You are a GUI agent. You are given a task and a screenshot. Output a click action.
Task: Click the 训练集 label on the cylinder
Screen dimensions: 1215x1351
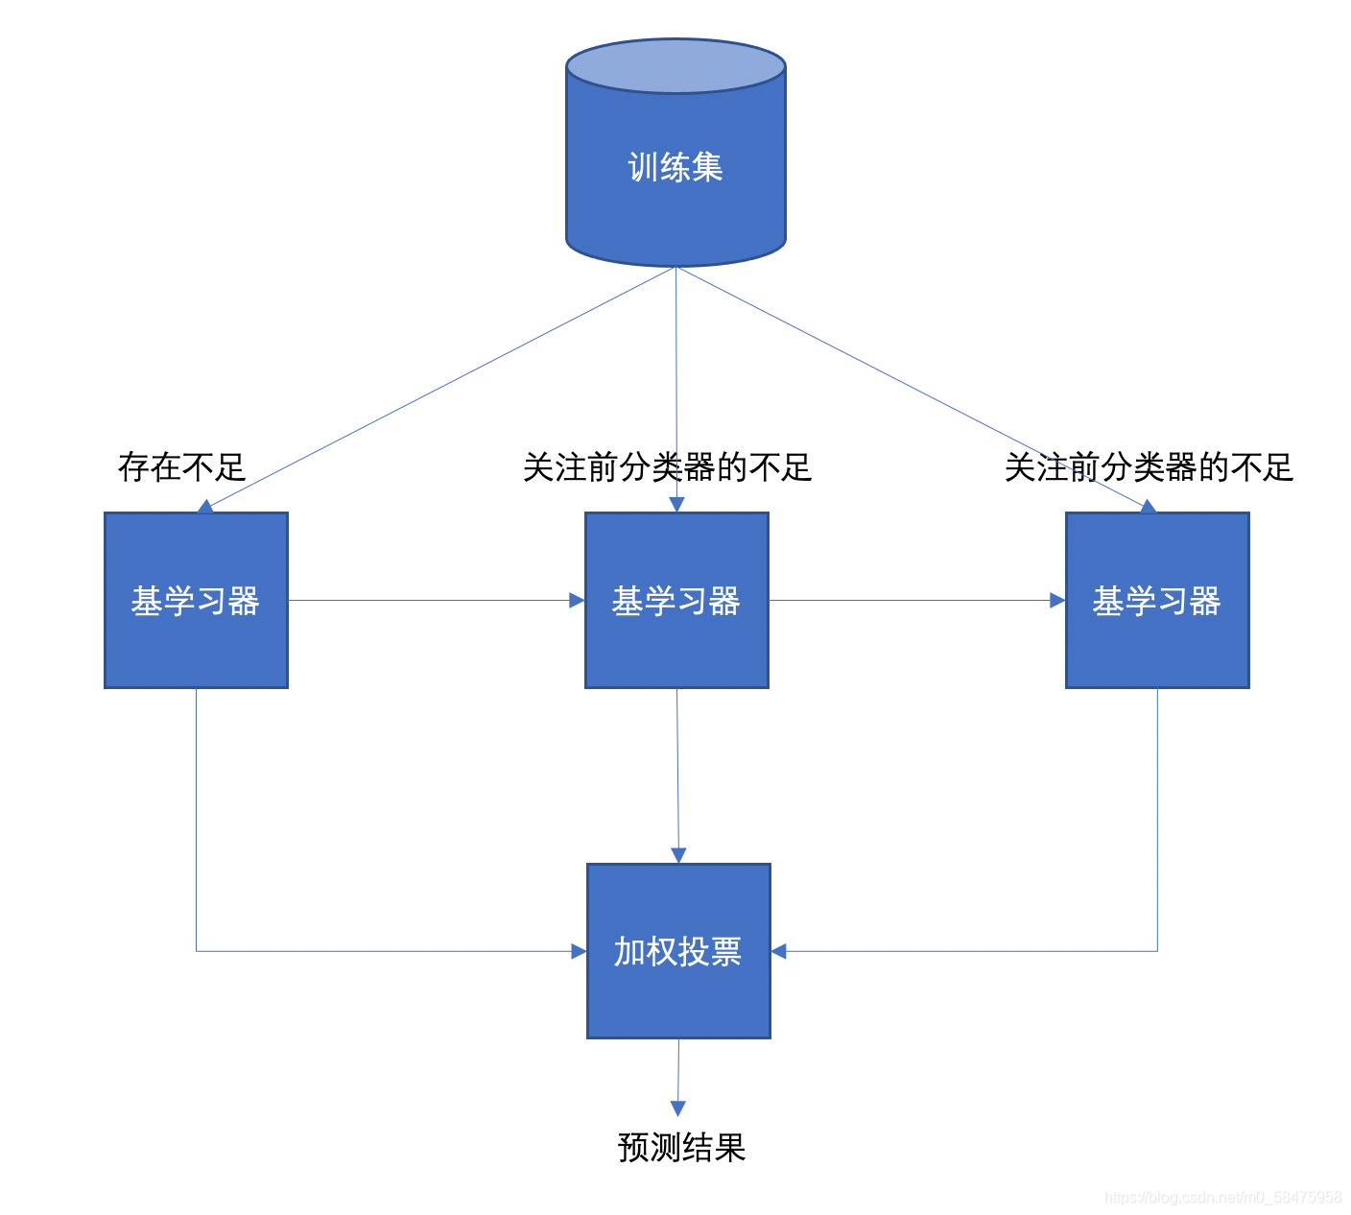point(675,167)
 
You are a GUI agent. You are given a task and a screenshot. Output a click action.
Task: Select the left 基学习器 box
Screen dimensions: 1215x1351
point(196,600)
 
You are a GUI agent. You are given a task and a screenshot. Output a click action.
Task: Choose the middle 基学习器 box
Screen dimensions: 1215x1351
point(676,600)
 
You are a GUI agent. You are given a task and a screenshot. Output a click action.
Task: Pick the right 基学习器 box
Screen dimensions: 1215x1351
point(1157,600)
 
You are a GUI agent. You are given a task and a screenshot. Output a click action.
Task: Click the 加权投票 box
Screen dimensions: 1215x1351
point(678,950)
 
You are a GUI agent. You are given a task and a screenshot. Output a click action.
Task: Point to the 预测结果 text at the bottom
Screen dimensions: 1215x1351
point(681,1147)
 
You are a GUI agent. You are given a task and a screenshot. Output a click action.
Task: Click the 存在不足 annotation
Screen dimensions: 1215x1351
point(181,467)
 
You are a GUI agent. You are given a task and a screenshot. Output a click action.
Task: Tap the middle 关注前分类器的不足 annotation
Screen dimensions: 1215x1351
point(667,467)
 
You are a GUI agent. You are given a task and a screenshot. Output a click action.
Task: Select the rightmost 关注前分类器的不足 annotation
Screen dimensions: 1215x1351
point(1149,467)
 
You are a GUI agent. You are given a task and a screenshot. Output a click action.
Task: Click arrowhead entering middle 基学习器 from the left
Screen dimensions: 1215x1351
point(577,601)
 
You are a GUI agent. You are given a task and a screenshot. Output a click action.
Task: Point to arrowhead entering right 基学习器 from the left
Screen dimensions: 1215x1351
point(1057,601)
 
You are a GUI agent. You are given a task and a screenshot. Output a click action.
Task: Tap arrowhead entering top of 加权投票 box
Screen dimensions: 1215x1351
point(678,855)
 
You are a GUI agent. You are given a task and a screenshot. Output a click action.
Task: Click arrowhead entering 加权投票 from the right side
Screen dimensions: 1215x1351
point(779,951)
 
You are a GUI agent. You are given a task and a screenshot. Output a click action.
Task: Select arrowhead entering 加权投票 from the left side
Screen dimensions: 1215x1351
point(579,951)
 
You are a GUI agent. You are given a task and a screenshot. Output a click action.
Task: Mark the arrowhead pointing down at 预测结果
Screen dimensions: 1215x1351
point(677,1108)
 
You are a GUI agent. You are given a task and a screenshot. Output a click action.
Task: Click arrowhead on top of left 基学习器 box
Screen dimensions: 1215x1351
point(204,506)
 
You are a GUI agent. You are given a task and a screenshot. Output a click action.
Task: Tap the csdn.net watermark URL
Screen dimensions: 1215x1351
point(1222,1197)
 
